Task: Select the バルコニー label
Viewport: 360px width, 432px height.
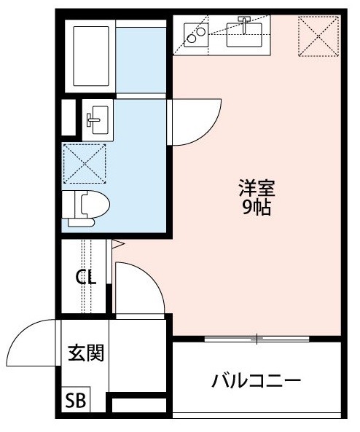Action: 257,380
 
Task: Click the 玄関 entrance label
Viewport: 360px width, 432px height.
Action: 85,353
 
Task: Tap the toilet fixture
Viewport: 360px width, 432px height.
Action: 87,205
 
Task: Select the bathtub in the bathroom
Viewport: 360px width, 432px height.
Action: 88,56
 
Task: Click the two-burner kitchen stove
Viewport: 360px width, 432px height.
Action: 195,34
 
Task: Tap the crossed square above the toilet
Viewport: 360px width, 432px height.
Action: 85,163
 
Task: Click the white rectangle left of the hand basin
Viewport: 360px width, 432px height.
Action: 69,117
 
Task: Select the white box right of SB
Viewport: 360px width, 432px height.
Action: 139,404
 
